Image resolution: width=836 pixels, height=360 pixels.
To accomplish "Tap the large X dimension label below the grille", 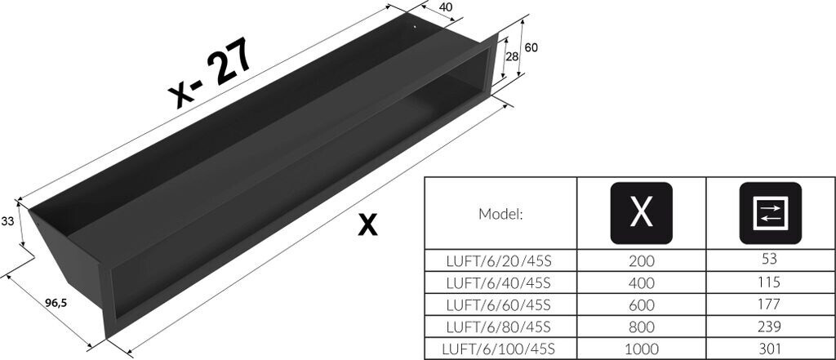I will click(x=368, y=224).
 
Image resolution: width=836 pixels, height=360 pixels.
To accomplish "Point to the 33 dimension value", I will click(x=8, y=220).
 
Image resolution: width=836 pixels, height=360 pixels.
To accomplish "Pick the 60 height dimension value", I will click(x=531, y=47).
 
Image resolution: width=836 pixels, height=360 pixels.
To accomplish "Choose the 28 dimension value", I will click(x=512, y=56).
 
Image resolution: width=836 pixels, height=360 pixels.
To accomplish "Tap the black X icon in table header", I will click(x=641, y=212).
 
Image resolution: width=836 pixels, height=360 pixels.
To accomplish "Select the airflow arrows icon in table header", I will click(x=770, y=212).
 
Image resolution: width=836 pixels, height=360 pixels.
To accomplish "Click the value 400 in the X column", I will click(x=641, y=283).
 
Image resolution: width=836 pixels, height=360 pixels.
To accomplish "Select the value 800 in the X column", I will click(x=641, y=327).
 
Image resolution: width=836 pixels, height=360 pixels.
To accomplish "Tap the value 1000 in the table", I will click(x=641, y=349).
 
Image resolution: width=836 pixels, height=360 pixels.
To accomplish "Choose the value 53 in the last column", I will click(x=770, y=260).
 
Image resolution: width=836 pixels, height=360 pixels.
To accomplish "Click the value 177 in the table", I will click(x=770, y=304).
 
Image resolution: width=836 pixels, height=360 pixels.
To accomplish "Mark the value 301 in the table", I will click(x=770, y=349).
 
